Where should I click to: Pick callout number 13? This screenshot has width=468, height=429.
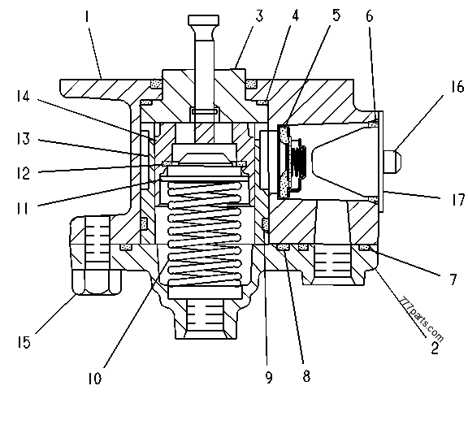pyautogui.click(x=24, y=139)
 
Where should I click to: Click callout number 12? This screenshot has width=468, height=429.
pyautogui.click(x=24, y=171)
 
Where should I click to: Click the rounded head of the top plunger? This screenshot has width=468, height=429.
pyautogui.click(x=201, y=20)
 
